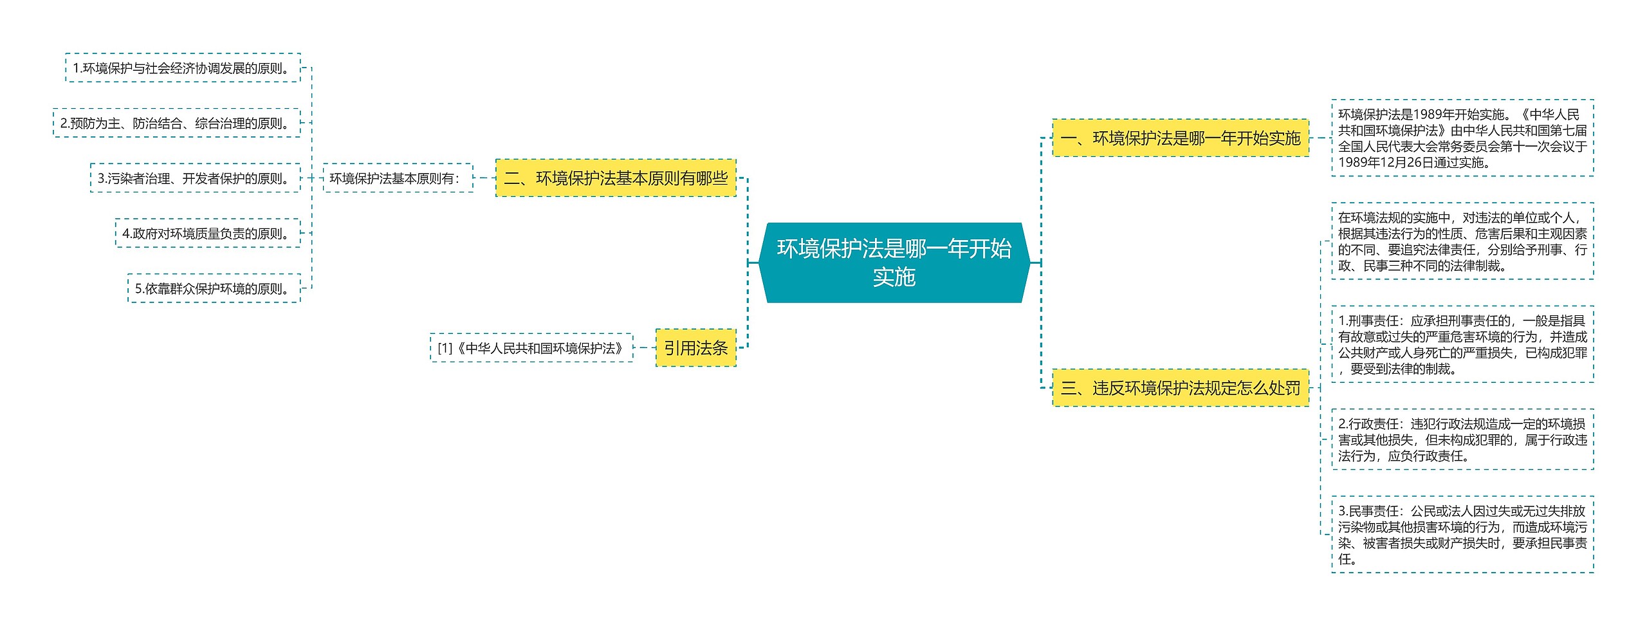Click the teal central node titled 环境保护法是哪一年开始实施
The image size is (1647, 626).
click(x=894, y=262)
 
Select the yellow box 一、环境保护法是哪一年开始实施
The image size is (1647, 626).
click(x=1181, y=138)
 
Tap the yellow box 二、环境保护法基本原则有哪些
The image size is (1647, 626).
click(x=616, y=178)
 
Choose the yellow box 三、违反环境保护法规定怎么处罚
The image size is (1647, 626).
click(x=1181, y=388)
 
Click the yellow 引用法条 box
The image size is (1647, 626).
click(x=695, y=348)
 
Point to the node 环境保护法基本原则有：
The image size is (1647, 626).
click(x=398, y=178)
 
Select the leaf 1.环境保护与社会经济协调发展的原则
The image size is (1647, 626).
click(x=183, y=68)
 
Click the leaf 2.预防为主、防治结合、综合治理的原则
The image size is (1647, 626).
click(x=177, y=123)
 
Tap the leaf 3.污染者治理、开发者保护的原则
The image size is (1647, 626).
click(x=195, y=178)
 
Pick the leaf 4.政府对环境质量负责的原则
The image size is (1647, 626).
click(x=208, y=234)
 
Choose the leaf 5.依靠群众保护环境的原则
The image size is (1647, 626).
click(x=214, y=289)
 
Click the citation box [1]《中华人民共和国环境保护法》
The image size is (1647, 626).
click(x=531, y=348)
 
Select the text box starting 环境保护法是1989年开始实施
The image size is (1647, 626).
click(x=1462, y=138)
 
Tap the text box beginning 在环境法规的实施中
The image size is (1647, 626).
click(x=1462, y=241)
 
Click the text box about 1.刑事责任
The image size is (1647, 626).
click(x=1462, y=344)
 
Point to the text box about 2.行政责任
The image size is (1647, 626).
click(x=1462, y=439)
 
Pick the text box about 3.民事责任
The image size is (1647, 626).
click(x=1462, y=535)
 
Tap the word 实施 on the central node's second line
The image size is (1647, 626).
click(x=894, y=277)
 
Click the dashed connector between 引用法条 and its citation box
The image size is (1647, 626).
click(x=644, y=348)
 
